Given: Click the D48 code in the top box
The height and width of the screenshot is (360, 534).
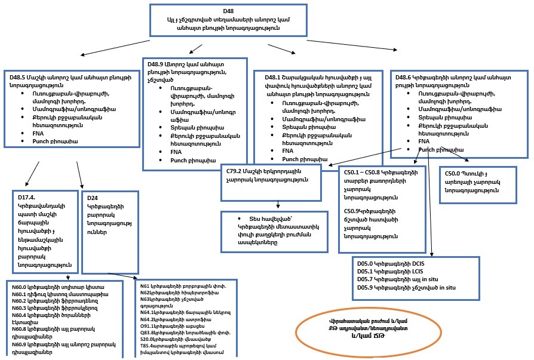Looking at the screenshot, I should (228, 11).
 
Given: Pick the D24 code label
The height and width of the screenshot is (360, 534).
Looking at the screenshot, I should (93, 198).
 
